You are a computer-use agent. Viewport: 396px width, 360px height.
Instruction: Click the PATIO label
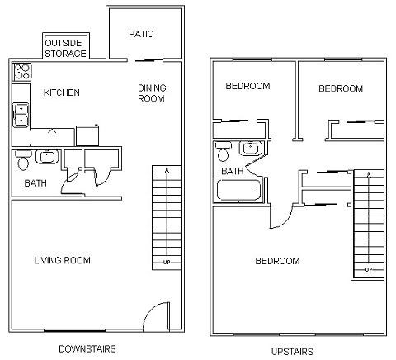(143, 34)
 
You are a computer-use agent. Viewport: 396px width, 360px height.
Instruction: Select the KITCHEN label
(62, 92)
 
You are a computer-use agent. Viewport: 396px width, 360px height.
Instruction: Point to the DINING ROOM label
(151, 92)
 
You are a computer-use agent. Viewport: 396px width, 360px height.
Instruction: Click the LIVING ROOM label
(62, 260)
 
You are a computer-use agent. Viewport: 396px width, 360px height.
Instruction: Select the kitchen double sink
(21, 114)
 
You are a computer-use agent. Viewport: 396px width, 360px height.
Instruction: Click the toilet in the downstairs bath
(22, 162)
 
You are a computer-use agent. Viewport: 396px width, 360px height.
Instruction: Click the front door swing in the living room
(156, 316)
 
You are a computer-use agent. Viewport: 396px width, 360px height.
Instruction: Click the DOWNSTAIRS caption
(87, 348)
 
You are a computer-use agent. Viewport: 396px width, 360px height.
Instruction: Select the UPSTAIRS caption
(292, 352)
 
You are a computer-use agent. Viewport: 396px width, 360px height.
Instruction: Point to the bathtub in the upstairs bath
(238, 192)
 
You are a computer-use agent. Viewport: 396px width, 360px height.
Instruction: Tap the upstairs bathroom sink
(248, 149)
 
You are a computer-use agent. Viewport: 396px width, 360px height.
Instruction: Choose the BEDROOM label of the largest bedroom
(277, 262)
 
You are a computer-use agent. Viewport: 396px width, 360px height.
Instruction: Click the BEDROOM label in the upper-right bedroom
(341, 88)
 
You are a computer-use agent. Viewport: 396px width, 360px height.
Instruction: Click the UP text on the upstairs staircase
(368, 270)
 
